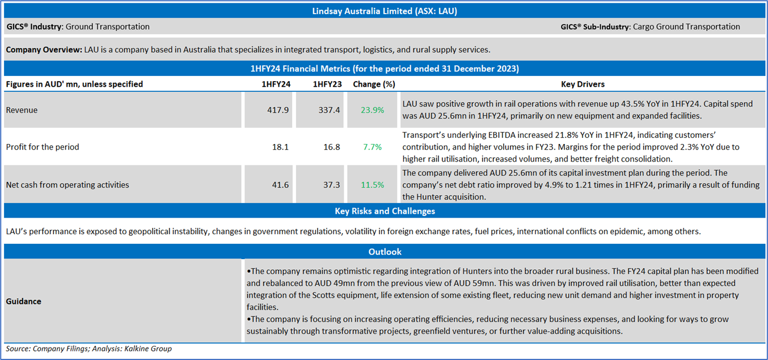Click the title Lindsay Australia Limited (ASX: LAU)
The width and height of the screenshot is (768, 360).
click(385, 11)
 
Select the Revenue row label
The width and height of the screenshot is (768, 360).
click(22, 110)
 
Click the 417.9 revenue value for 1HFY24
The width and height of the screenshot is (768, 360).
click(277, 110)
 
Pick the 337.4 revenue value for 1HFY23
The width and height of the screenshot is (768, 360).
click(329, 110)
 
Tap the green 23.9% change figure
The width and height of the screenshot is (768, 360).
click(372, 110)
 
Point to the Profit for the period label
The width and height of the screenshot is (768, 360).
click(43, 147)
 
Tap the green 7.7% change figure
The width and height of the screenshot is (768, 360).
click(372, 147)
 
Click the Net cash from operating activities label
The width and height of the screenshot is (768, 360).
click(67, 185)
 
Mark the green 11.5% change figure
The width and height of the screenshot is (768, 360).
click(372, 185)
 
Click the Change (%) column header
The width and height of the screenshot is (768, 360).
click(374, 84)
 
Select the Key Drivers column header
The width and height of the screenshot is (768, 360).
click(583, 84)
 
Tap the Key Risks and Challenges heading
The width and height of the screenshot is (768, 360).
click(385, 211)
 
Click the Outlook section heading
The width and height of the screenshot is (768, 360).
click(385, 252)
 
